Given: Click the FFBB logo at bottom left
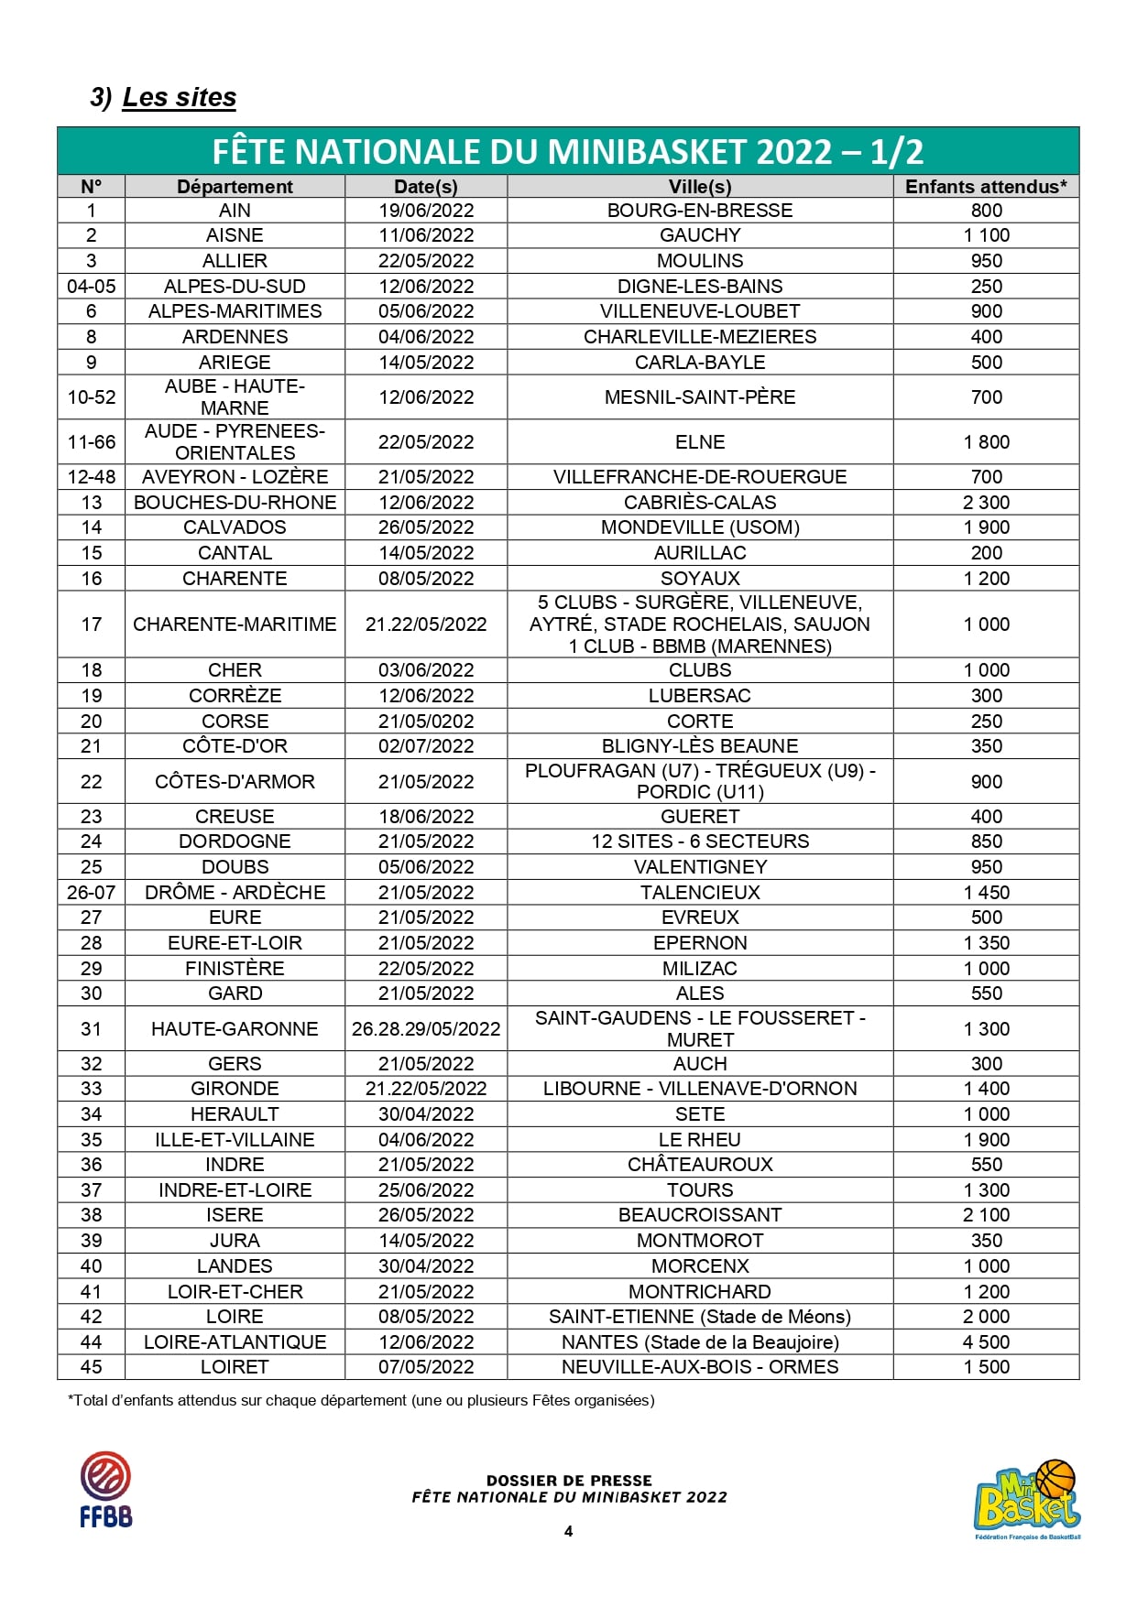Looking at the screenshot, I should (x=105, y=1490).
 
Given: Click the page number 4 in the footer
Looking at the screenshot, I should (x=568, y=1531).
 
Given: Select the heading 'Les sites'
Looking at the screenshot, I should (x=179, y=97).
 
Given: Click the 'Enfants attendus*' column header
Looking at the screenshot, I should (x=986, y=187).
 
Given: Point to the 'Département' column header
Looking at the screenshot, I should (x=235, y=187).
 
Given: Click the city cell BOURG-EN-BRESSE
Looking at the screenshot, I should (x=700, y=211).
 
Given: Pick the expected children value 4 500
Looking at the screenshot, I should (x=986, y=1342).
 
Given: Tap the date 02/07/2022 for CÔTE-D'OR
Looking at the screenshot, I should (x=426, y=746).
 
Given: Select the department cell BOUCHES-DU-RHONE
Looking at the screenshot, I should (x=235, y=503).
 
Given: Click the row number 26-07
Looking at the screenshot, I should (x=91, y=893).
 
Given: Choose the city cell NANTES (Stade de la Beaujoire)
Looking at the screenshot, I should (x=700, y=1342).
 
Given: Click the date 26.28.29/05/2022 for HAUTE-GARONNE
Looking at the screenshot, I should (x=426, y=1029).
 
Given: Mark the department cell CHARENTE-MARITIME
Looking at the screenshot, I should (x=235, y=624).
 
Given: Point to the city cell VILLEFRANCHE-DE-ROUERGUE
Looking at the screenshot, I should (x=700, y=477).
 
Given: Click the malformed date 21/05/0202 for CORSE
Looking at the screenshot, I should (x=426, y=722).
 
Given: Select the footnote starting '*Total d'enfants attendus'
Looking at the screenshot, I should (x=361, y=1400).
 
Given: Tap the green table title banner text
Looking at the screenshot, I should (x=568, y=152).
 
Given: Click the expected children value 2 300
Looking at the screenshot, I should (x=986, y=503).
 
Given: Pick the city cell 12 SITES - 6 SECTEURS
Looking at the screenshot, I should (x=700, y=842).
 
